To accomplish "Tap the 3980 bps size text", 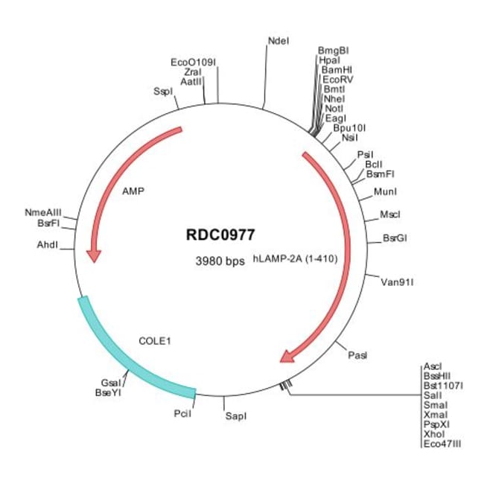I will (220, 261).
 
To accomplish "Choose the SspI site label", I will (162, 91).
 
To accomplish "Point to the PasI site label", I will (357, 356).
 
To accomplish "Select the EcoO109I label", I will (193, 62).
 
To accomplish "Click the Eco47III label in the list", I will (442, 444).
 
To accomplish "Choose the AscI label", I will (432, 366).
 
